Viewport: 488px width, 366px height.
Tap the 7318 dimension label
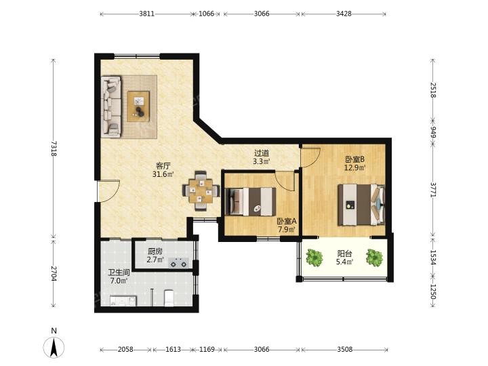pyautogui.click(x=54, y=148)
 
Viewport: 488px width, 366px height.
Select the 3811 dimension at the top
pyautogui.click(x=146, y=14)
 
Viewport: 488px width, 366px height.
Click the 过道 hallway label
pyautogui.click(x=262, y=153)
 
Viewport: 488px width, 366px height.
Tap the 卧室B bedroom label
pyautogui.click(x=354, y=160)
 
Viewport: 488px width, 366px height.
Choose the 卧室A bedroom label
pyautogui.click(x=287, y=222)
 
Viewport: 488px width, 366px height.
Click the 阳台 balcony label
pyautogui.click(x=344, y=253)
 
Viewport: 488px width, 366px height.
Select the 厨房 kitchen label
pyautogui.click(x=155, y=251)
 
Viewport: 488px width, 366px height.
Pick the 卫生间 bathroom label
pyautogui.click(x=119, y=272)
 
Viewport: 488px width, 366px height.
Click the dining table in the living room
pyautogui.click(x=201, y=190)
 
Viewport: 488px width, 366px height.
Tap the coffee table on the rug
pyautogui.click(x=138, y=106)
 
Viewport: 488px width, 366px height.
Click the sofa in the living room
pyautogui.click(x=110, y=106)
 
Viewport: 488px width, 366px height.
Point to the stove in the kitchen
pyautogui.click(x=178, y=263)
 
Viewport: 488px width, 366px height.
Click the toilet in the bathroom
pyautogui.click(x=169, y=298)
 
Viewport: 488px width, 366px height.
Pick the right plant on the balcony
pyautogui.click(x=374, y=258)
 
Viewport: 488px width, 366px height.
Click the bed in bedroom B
pyautogui.click(x=362, y=205)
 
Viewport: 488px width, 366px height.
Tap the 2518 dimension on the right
pyautogui.click(x=433, y=90)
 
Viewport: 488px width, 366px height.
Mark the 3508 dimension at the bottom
pyautogui.click(x=345, y=350)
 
